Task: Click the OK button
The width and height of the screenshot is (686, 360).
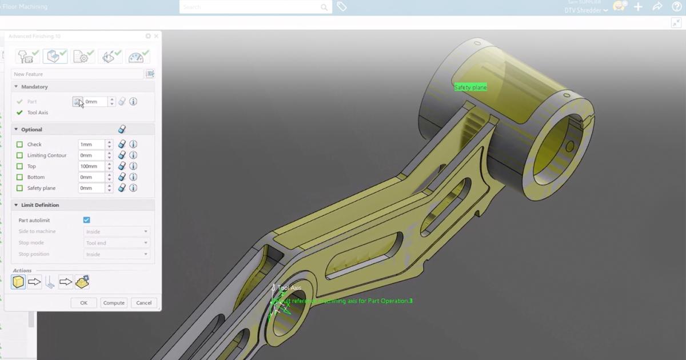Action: pyautogui.click(x=83, y=303)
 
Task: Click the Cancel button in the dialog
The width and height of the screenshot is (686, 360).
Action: pyautogui.click(x=143, y=303)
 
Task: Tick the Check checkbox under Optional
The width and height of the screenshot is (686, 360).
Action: pyautogui.click(x=20, y=145)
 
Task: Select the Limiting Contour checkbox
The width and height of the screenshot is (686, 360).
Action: pyautogui.click(x=20, y=155)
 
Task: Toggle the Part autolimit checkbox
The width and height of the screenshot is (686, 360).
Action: pyautogui.click(x=86, y=220)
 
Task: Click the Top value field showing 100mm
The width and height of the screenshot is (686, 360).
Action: pyautogui.click(x=91, y=166)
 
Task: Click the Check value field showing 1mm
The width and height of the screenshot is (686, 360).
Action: pyautogui.click(x=91, y=145)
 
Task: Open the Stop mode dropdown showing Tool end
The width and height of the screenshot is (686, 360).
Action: pyautogui.click(x=117, y=243)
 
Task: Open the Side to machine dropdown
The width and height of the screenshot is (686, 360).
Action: pyautogui.click(x=117, y=231)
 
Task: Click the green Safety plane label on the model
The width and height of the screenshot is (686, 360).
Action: pyautogui.click(x=470, y=87)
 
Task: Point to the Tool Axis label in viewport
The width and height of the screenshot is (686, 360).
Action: pyautogui.click(x=289, y=288)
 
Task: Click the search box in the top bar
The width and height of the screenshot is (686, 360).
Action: pyautogui.click(x=252, y=7)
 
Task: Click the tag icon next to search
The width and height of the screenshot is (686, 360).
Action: pyautogui.click(x=341, y=7)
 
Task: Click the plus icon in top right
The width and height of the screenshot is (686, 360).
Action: pyautogui.click(x=639, y=7)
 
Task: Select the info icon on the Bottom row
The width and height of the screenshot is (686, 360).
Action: pyautogui.click(x=133, y=177)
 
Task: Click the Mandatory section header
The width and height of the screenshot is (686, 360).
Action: pyautogui.click(x=34, y=87)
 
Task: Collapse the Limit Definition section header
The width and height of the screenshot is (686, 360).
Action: pyautogui.click(x=40, y=205)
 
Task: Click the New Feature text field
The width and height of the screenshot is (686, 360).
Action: pyautogui.click(x=77, y=74)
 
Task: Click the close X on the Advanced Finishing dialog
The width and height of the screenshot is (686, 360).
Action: pyautogui.click(x=156, y=36)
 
